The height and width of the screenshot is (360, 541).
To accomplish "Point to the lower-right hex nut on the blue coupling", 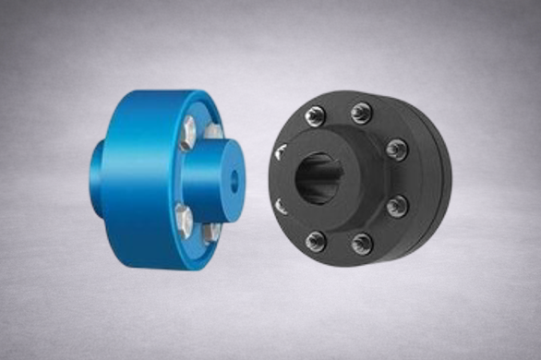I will [x=210, y=232].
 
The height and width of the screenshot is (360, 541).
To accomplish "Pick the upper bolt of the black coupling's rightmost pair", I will [x=397, y=148].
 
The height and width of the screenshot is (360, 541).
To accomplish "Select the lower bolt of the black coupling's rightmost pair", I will [x=397, y=205].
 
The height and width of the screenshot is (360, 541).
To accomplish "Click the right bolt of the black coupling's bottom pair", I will [x=361, y=243].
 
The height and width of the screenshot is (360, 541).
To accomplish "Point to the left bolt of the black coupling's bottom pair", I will [x=316, y=242].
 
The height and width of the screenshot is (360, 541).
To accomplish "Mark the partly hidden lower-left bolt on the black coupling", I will [x=280, y=205].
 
